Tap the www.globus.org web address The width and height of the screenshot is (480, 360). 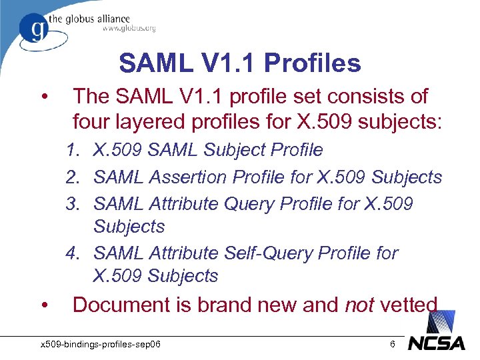coord(129,28)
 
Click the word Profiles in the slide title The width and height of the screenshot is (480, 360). coord(313,63)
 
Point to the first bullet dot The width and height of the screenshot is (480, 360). coord(43,97)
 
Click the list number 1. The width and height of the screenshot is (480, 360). coord(73,151)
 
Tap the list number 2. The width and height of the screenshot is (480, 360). coord(73,177)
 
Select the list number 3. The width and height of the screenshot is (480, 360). coord(73,203)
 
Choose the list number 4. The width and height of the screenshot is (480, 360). coord(73,253)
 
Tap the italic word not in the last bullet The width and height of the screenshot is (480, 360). coord(359,305)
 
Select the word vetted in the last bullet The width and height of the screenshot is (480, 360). coord(409,305)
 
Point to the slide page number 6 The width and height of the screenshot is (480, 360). coord(393,344)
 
